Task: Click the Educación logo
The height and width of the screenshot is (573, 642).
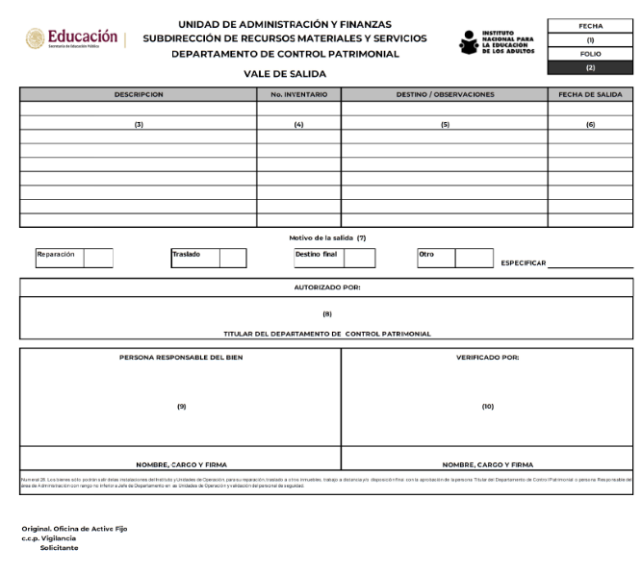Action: click(72, 40)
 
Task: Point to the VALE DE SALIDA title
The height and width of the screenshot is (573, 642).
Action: click(284, 74)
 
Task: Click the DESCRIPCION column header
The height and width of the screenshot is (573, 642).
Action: click(138, 94)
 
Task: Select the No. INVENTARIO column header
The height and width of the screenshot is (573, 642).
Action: click(298, 94)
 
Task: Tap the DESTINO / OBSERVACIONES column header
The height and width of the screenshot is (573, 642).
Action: click(445, 94)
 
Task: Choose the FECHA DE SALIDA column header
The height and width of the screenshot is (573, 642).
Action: click(590, 94)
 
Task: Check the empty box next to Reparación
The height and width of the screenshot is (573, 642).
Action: click(98, 258)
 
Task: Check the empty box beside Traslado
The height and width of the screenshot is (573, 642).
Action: click(233, 258)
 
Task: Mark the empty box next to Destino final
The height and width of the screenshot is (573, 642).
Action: click(359, 258)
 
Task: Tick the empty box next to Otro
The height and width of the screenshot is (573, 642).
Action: click(474, 258)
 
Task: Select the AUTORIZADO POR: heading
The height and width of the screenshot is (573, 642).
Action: click(326, 286)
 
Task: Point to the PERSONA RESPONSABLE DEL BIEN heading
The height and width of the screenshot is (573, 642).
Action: click(181, 357)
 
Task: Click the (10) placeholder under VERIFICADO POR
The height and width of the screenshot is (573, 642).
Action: click(487, 407)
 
